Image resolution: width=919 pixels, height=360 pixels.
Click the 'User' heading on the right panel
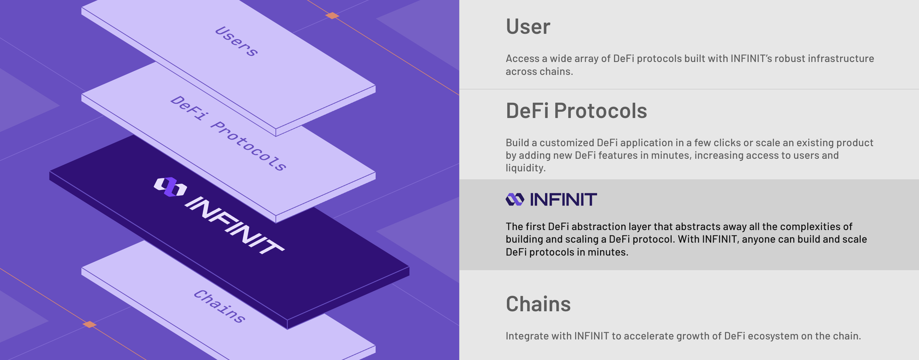pyautogui.click(x=528, y=27)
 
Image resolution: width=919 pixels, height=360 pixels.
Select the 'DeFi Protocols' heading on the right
pyautogui.click(x=576, y=111)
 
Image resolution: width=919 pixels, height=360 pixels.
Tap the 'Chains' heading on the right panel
pyautogui.click(x=538, y=304)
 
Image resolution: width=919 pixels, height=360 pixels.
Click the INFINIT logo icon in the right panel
pyautogui.click(x=515, y=200)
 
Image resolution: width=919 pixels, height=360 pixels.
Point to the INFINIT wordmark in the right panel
pyautogui.click(x=563, y=200)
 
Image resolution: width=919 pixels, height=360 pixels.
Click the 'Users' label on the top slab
pyautogui.click(x=236, y=41)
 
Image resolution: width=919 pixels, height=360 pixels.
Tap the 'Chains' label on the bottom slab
pyautogui.click(x=220, y=306)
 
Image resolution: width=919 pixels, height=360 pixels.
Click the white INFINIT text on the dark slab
pyautogui.click(x=234, y=225)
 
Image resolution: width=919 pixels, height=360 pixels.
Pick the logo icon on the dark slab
pyautogui.click(x=170, y=187)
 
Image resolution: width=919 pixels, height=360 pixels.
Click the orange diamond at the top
pyautogui.click(x=332, y=16)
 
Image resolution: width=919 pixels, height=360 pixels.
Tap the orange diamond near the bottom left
pyautogui.click(x=89, y=324)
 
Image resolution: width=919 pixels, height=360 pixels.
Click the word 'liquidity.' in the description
pyautogui.click(x=525, y=168)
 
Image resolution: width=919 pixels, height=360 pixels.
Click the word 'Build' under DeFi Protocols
pyautogui.click(x=517, y=143)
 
